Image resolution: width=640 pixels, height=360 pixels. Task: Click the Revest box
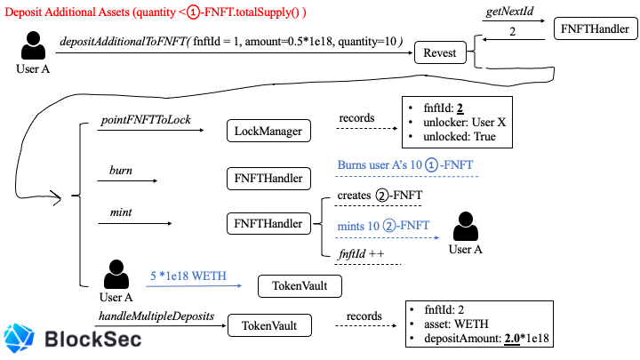point(440,52)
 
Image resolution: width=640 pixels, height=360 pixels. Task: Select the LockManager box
point(268,131)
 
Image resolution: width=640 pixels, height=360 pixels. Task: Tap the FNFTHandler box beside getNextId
point(596,28)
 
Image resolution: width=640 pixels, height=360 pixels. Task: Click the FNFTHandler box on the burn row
point(268,179)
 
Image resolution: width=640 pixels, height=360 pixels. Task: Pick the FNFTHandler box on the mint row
point(268,223)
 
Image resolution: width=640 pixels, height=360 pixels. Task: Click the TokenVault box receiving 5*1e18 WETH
point(300,286)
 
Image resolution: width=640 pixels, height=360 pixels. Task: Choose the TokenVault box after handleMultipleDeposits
point(269,325)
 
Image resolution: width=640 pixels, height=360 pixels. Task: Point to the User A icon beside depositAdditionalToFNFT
point(33,45)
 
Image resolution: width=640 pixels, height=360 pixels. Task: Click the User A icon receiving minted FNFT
point(465,226)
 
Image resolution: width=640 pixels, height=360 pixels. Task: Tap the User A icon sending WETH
point(116,274)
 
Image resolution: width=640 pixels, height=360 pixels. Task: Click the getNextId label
point(509,11)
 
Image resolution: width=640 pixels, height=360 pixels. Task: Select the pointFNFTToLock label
point(146,120)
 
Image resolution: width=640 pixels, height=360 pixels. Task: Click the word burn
point(121,170)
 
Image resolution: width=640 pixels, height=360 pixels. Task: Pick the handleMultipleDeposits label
point(156,316)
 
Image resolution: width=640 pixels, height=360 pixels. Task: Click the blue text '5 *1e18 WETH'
point(188,276)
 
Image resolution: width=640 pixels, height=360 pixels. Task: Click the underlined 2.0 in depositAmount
point(512,339)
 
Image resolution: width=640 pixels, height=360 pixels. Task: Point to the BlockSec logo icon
point(19,338)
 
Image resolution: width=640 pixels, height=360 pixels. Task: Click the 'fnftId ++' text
point(361,254)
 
